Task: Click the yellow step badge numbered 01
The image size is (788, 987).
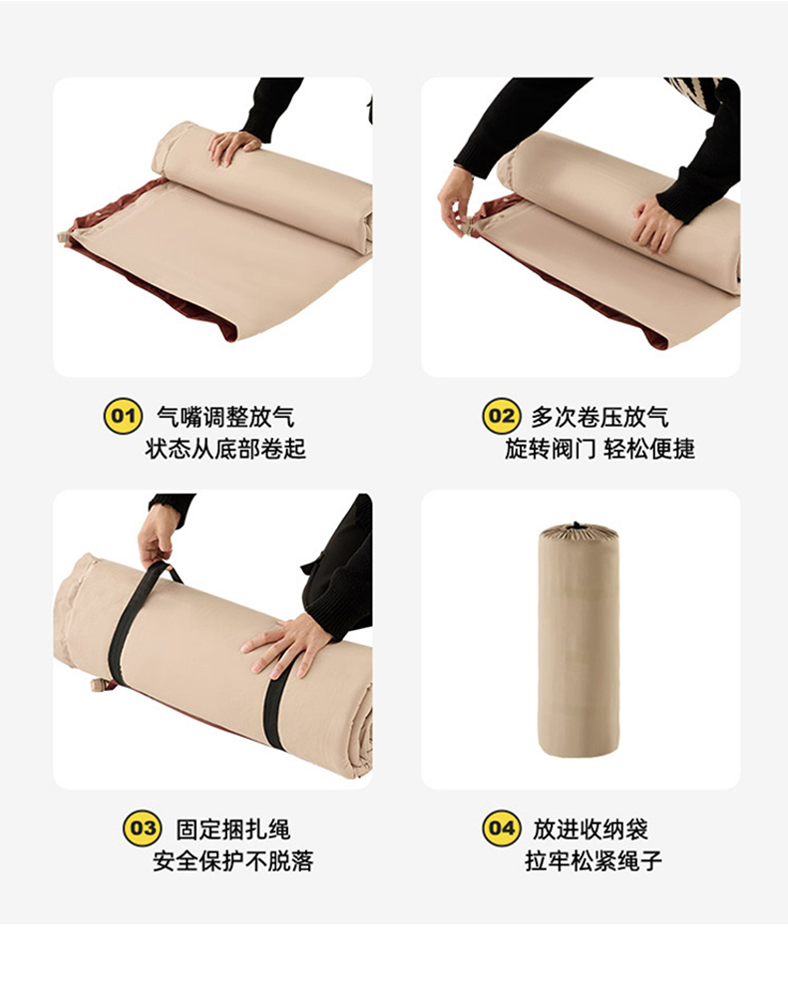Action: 123,416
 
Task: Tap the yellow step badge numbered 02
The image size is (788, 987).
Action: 502,416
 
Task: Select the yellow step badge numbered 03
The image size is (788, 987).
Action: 142,827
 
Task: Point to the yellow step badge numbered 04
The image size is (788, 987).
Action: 502,827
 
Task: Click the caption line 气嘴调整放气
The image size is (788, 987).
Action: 224,417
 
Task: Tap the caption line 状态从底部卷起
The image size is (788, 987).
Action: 224,449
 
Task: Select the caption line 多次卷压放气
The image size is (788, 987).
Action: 599,417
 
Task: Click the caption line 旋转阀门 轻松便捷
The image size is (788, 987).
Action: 599,449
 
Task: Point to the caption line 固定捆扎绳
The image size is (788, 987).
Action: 232,829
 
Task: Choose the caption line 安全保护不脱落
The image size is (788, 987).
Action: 232,860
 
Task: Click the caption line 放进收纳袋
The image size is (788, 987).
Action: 591,829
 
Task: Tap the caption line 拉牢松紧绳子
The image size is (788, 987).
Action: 593,860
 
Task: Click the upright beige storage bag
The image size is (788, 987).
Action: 579,640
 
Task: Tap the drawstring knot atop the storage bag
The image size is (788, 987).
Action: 576,525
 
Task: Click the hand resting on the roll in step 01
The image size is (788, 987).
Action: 231,148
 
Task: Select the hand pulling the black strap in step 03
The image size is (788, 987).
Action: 156,539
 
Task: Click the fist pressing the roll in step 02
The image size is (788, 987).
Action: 655,223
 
